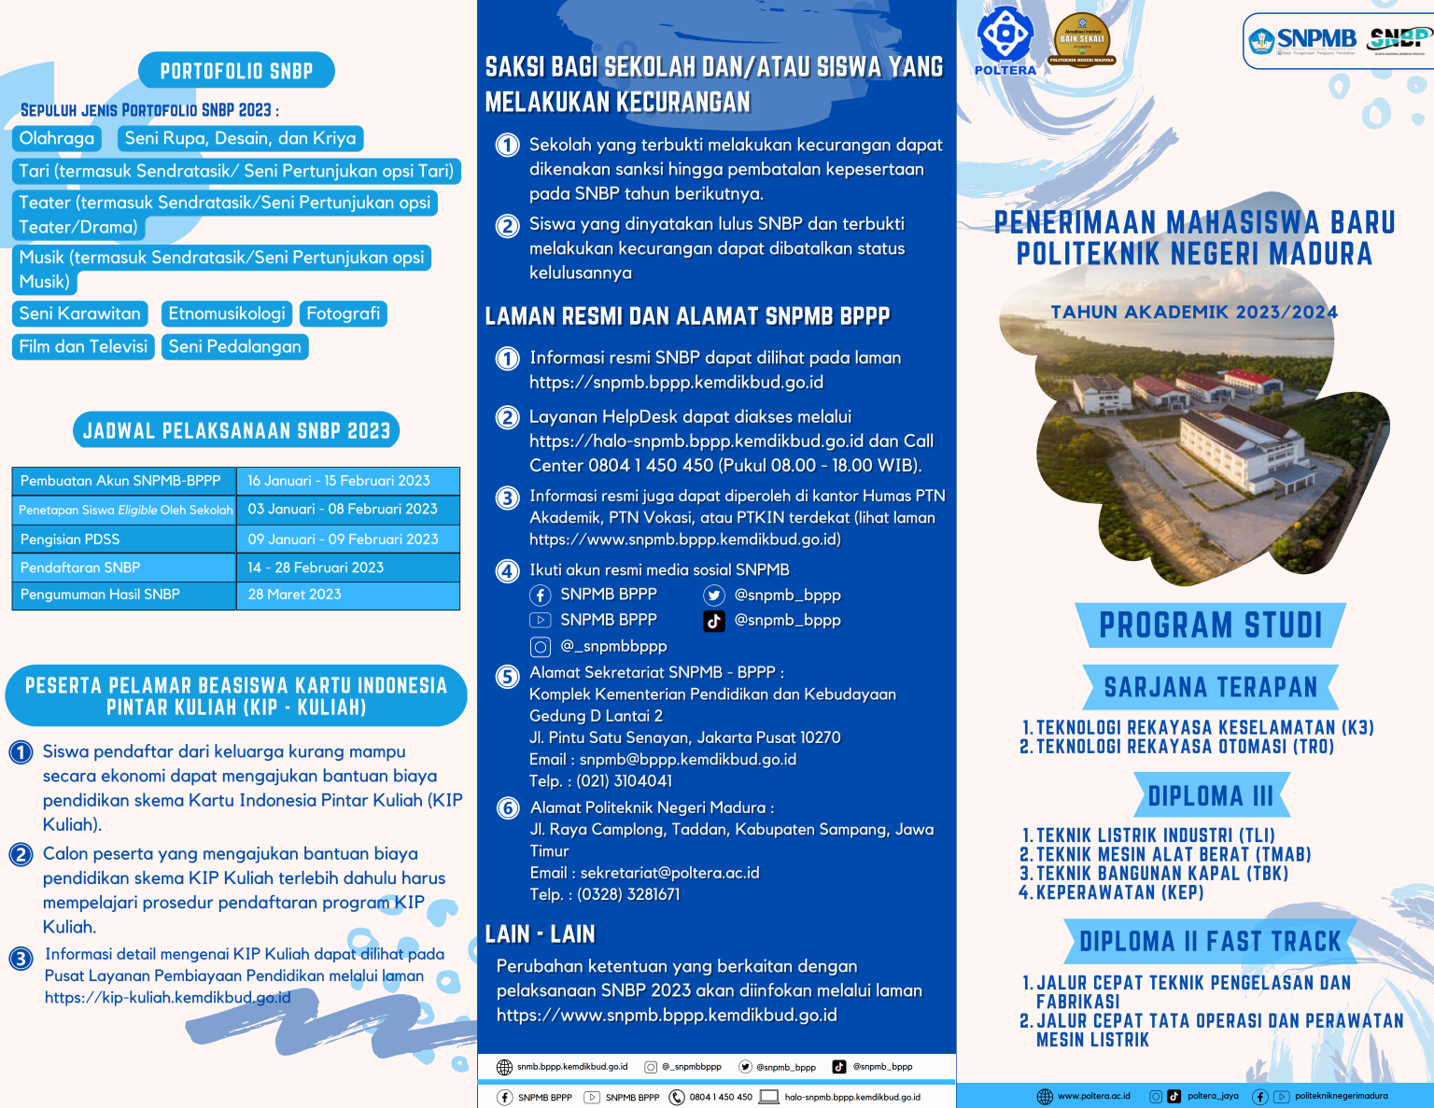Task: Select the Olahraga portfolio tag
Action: point(57,138)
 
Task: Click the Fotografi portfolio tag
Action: point(343,314)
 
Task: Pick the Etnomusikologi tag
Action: point(227,314)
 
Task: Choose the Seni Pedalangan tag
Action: point(234,346)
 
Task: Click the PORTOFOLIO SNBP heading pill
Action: point(236,71)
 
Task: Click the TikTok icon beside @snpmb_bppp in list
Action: point(714,621)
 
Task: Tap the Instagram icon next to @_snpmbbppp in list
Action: point(540,646)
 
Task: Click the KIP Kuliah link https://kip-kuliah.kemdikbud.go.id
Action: point(168,998)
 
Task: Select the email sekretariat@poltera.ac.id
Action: point(669,873)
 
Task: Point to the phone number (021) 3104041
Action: point(624,781)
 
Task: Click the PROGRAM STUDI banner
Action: point(1210,625)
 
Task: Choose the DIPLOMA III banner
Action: point(1210,796)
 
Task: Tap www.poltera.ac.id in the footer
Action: point(1093,1096)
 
